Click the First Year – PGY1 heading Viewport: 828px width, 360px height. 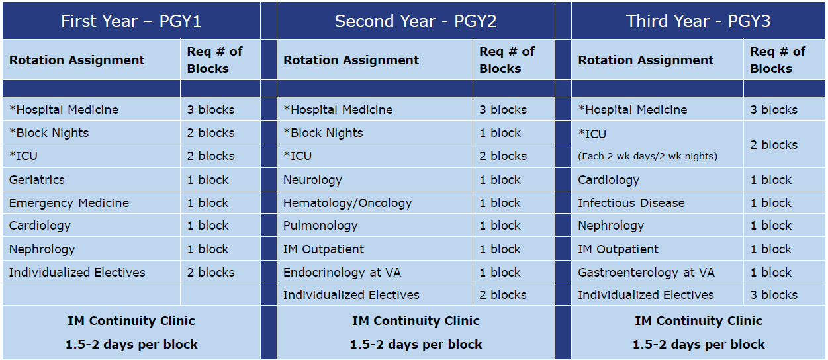(131, 21)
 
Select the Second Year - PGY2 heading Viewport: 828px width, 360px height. (416, 21)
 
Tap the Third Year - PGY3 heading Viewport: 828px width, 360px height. (698, 21)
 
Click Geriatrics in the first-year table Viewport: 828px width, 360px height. (37, 180)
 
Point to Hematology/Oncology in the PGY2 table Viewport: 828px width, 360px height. (347, 203)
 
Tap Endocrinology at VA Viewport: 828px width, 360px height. (342, 273)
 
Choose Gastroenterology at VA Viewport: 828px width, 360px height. (646, 273)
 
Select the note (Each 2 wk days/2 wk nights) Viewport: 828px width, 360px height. (647, 156)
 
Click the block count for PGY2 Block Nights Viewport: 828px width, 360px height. (500, 133)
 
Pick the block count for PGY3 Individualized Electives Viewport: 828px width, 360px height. (774, 295)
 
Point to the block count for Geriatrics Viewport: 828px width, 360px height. (208, 180)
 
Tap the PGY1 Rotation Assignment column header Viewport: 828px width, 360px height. (77, 60)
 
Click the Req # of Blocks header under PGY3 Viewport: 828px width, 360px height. (778, 60)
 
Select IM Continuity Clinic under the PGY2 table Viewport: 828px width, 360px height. (416, 321)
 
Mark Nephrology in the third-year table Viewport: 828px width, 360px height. (611, 226)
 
